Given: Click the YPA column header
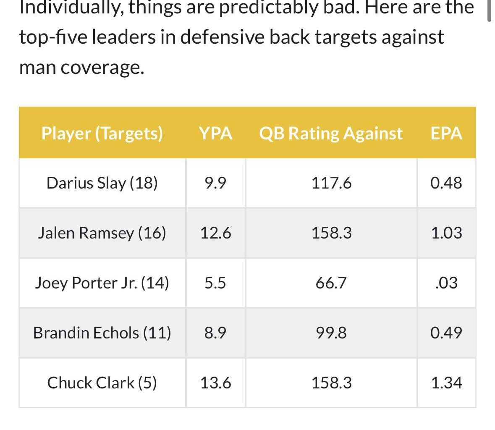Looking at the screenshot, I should (215, 133).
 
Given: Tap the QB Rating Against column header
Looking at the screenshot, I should (331, 133).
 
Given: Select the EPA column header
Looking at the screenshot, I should (446, 133).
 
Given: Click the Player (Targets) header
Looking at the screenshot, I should (102, 133).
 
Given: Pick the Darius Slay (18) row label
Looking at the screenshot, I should (102, 183).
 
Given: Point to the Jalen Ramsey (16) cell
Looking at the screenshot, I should (102, 233).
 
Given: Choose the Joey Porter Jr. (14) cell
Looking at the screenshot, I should (102, 283).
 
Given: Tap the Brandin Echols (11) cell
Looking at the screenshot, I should (102, 333).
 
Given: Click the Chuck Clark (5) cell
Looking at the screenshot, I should (102, 383).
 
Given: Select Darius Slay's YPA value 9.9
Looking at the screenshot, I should (215, 183).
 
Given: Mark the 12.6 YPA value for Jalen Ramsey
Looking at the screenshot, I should (215, 233).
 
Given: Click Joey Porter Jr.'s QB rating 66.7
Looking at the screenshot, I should (331, 283).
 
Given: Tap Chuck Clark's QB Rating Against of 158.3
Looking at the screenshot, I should (331, 383).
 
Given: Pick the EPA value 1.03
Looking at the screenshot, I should (446, 233).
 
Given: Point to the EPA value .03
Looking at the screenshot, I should (447, 283).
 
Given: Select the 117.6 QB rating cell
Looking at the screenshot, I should (331, 183).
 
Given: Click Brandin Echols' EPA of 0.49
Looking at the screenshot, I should (446, 333).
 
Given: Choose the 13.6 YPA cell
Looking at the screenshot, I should (215, 383).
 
